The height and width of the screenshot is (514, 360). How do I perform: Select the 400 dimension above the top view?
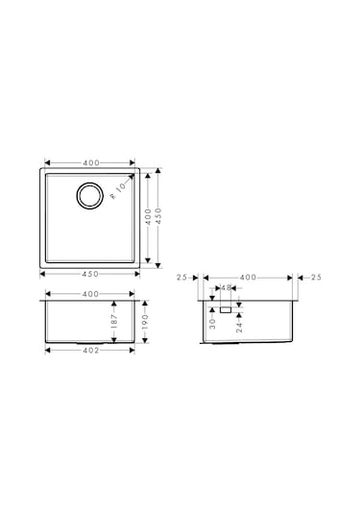point(92,161)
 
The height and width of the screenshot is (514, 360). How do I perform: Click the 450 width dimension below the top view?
point(92,273)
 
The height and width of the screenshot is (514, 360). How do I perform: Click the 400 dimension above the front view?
point(92,293)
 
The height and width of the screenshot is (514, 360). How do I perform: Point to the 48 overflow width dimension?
point(225,287)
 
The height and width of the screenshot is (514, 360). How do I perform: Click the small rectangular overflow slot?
point(225,310)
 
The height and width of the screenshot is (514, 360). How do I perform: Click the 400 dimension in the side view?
point(248,278)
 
